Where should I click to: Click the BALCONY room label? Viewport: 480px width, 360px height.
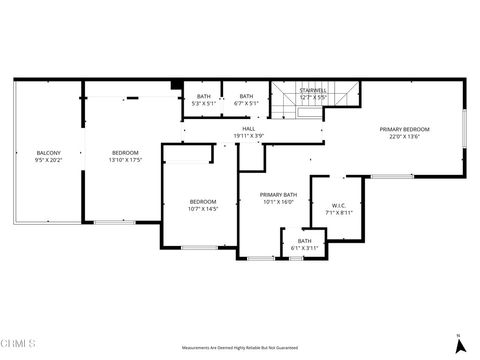pyautogui.click(x=35, y=153)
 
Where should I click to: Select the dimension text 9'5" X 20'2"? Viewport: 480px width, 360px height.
pyautogui.click(x=35, y=160)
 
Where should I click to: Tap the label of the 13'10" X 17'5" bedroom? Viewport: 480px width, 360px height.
pyautogui.click(x=125, y=153)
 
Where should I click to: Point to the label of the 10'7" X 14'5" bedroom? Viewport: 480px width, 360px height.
pyautogui.click(x=203, y=202)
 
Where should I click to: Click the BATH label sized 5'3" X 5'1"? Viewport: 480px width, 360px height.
pyautogui.click(x=204, y=96)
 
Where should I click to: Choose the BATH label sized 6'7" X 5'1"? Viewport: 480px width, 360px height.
pyautogui.click(x=246, y=96)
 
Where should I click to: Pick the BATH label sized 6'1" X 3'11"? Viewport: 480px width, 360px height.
pyautogui.click(x=304, y=240)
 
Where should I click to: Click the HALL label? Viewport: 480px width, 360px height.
pyautogui.click(x=248, y=128)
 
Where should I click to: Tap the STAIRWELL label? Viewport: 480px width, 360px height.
pyautogui.click(x=314, y=91)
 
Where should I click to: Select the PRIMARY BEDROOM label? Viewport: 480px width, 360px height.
pyautogui.click(x=404, y=129)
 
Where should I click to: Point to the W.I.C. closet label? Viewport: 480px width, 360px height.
pyautogui.click(x=339, y=206)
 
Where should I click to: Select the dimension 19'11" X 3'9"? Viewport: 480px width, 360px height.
pyautogui.click(x=248, y=135)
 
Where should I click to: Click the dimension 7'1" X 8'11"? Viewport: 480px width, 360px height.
pyautogui.click(x=339, y=213)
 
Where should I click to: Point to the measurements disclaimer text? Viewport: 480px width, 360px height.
pyautogui.click(x=241, y=347)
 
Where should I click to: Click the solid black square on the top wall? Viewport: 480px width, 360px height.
pyautogui.click(x=176, y=85)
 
